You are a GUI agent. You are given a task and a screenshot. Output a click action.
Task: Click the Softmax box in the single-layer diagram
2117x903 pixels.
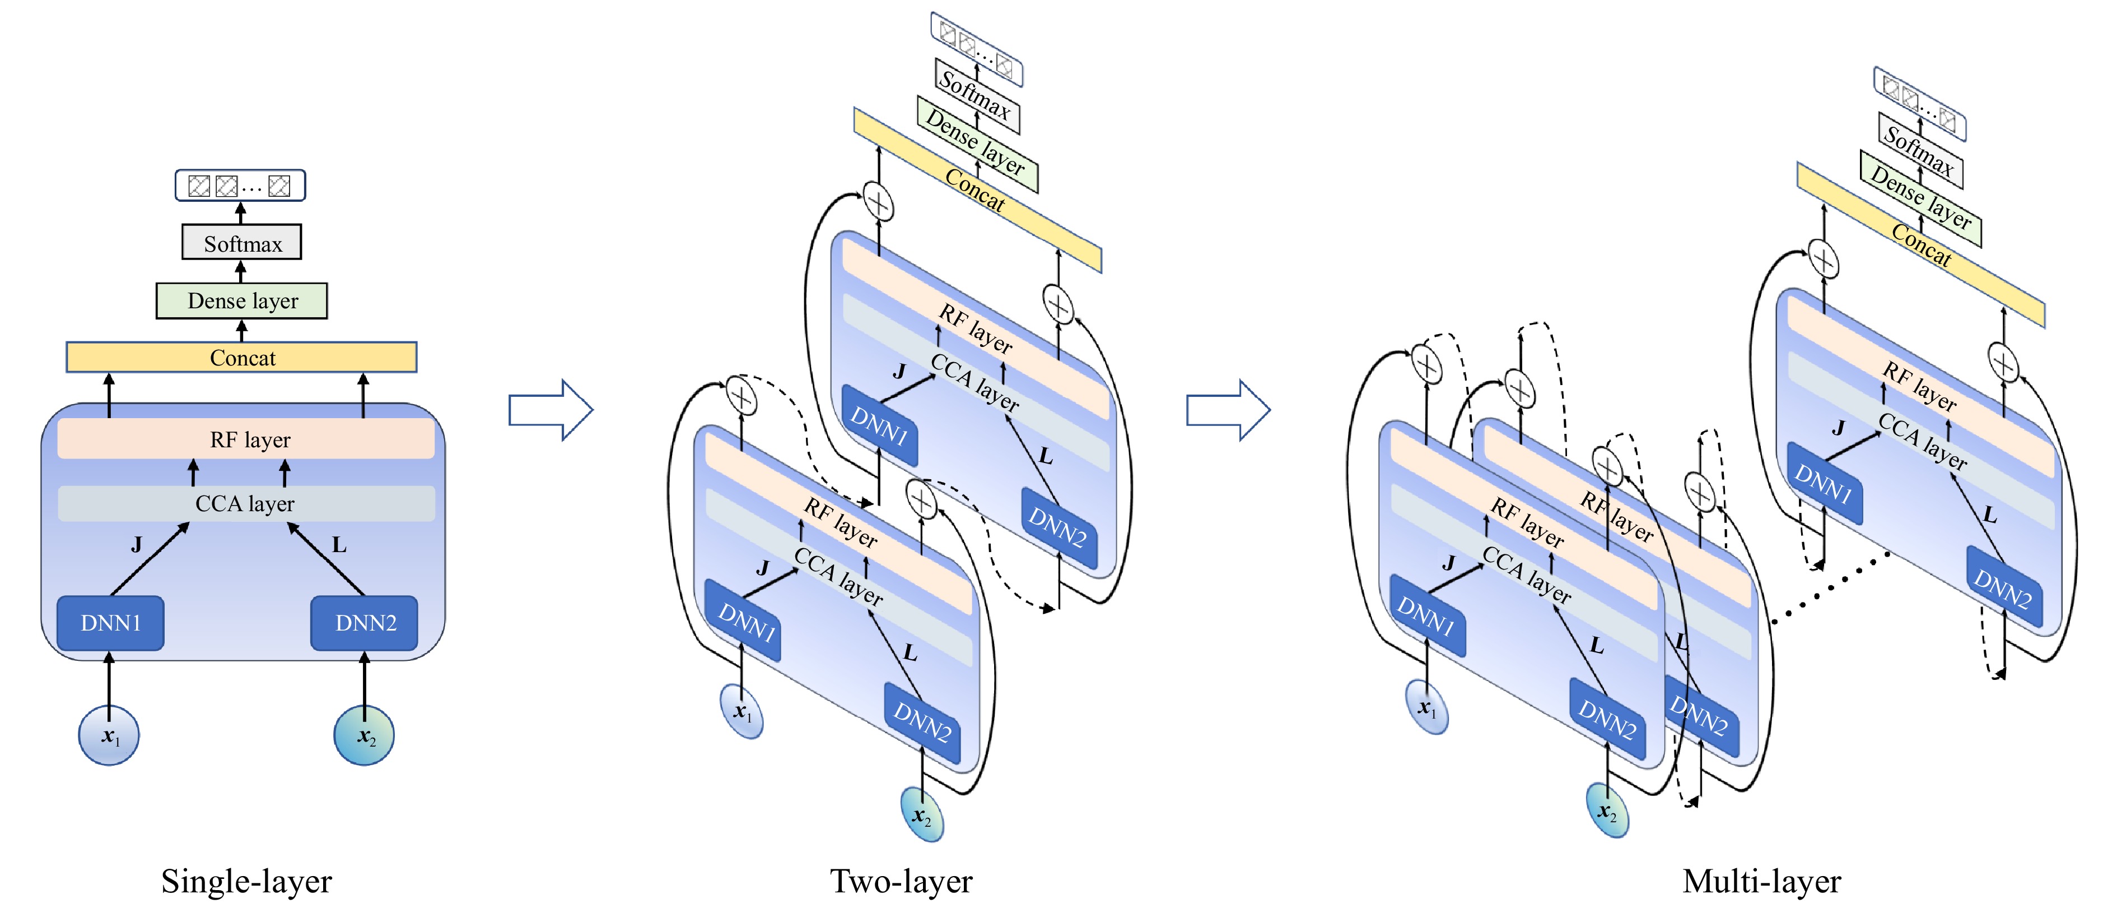241,243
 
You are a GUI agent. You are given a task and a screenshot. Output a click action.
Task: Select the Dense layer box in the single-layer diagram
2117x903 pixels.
241,301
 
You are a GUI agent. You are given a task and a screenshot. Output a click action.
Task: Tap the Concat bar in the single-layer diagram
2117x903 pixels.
241,358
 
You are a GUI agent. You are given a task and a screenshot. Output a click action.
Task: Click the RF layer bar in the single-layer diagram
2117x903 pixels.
246,439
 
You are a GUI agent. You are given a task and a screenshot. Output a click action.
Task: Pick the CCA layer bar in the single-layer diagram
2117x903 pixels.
245,503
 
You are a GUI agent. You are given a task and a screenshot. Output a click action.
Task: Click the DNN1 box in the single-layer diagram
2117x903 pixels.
110,623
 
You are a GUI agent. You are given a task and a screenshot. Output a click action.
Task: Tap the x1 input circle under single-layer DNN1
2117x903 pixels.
109,735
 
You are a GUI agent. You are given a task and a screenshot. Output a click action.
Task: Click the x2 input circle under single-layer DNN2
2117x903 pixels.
364,735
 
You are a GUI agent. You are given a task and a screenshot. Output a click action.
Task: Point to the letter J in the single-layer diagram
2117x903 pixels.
137,544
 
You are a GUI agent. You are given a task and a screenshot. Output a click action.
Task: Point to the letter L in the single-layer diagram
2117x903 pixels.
339,544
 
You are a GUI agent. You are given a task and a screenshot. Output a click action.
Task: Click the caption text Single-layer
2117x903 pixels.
246,881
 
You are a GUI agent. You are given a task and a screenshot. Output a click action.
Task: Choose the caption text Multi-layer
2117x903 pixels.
1761,881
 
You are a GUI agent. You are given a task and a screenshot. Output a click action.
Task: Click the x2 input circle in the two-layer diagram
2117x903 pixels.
921,814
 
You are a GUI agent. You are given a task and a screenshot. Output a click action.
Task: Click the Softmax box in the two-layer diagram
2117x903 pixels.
976,95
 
